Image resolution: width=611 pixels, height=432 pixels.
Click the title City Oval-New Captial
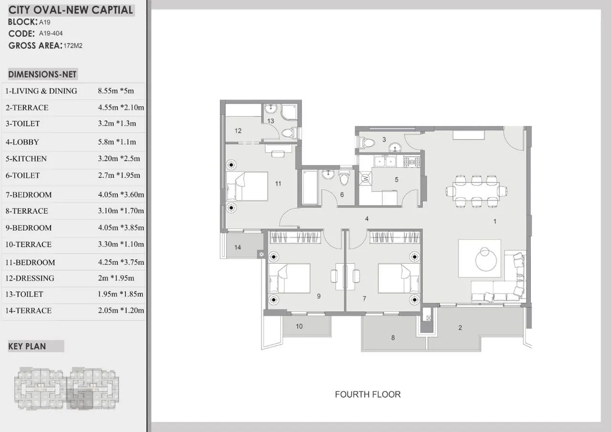pyautogui.click(x=71, y=10)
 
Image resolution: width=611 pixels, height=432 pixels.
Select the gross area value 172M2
pyautogui.click(x=73, y=45)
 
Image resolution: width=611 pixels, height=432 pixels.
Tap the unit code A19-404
pyautogui.click(x=51, y=33)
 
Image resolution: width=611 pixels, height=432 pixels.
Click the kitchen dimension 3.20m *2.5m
pyautogui.click(x=119, y=158)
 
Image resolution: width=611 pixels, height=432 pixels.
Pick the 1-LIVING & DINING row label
pyautogui.click(x=41, y=91)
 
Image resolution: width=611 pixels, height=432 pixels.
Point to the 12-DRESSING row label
pyautogui.click(x=30, y=278)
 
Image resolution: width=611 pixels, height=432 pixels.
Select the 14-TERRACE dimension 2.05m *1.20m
pyautogui.click(x=121, y=310)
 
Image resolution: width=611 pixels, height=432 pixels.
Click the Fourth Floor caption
pyautogui.click(x=368, y=394)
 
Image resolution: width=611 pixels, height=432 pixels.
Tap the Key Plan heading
pyautogui.click(x=27, y=346)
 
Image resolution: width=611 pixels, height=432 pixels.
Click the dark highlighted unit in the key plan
pyautogui.click(x=80, y=399)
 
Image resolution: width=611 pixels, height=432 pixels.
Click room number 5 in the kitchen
pyautogui.click(x=396, y=180)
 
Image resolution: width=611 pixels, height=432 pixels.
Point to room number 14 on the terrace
pyautogui.click(x=238, y=248)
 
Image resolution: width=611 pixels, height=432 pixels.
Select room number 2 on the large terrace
pyautogui.click(x=460, y=327)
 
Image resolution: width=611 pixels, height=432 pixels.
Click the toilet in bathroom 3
pyautogui.click(x=366, y=142)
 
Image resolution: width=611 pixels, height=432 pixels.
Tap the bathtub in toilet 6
pyautogui.click(x=310, y=187)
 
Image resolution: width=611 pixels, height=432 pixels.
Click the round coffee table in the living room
pyautogui.click(x=486, y=260)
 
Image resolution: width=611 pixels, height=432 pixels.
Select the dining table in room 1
pyautogui.click(x=476, y=191)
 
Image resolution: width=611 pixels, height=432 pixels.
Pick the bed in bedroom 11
pyautogui.click(x=247, y=186)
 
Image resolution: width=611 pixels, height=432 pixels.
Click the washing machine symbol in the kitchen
pyautogui.click(x=365, y=179)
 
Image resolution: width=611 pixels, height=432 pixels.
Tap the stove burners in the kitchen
pyautogui.click(x=412, y=162)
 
